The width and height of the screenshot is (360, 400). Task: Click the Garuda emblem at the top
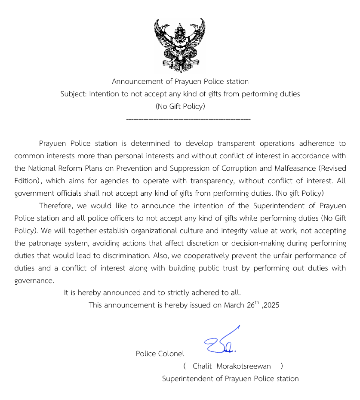(180, 45)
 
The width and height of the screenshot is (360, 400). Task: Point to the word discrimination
(125, 255)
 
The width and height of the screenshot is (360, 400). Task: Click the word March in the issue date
(234, 305)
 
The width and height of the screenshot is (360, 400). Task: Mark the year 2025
(272, 305)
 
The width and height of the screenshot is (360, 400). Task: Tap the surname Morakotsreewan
(244, 366)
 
